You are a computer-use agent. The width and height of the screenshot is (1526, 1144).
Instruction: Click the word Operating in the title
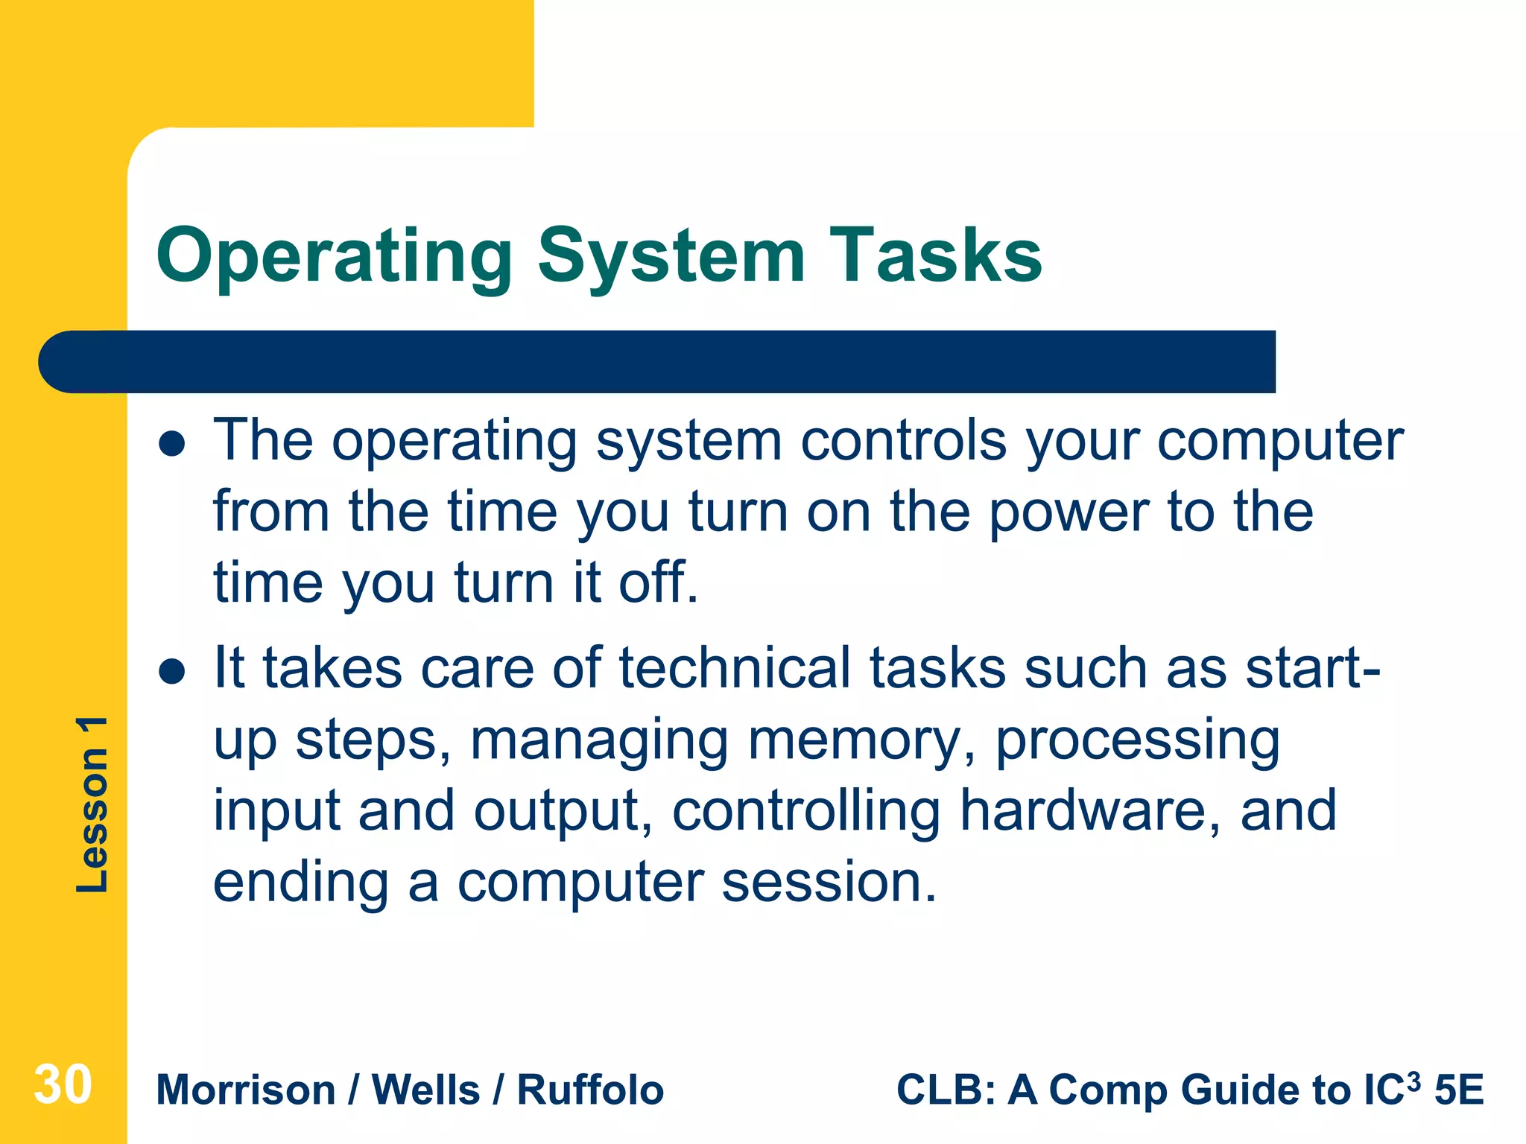333,257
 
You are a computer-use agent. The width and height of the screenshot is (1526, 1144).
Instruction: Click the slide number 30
63,1085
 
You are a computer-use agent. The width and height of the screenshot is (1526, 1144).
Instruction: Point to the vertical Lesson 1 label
92,804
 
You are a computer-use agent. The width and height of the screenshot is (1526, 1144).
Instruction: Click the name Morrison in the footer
246,1090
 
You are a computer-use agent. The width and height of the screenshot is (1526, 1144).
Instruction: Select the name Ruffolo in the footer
590,1090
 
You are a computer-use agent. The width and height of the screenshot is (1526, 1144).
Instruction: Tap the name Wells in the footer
425,1090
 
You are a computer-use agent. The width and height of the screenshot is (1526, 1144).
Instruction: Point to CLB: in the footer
946,1090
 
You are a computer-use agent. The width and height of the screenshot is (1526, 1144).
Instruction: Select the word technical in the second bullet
734,668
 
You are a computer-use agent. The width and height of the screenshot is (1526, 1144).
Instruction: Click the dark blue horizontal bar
656,362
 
